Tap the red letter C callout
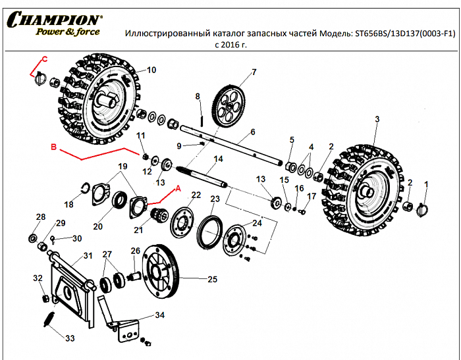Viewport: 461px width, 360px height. pos(45,59)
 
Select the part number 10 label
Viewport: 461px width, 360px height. pos(151,70)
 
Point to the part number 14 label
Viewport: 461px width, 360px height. pos(219,159)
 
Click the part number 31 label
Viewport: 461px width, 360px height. pos(88,256)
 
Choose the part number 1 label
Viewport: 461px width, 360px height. pos(425,185)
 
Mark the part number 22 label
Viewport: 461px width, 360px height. pos(196,195)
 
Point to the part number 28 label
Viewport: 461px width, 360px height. pos(40,217)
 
